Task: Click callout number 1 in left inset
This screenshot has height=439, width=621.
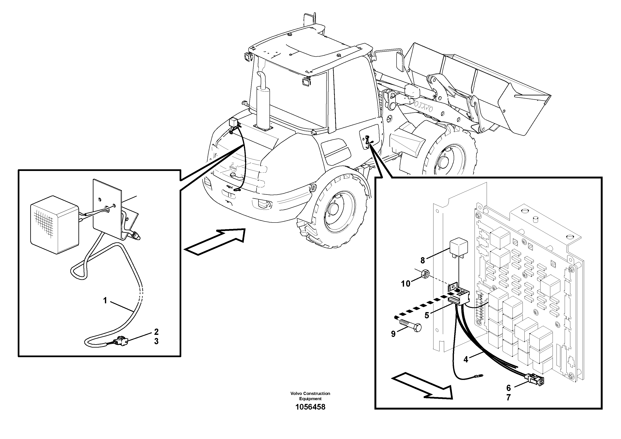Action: tap(105, 300)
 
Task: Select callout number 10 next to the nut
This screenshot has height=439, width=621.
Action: tap(406, 284)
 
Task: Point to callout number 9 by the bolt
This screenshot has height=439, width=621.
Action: tap(393, 334)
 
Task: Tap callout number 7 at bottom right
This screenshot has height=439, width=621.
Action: tap(509, 398)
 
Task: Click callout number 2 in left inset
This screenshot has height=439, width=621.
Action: tap(156, 332)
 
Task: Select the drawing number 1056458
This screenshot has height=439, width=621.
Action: tap(310, 407)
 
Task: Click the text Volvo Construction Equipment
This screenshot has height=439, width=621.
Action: tap(310, 396)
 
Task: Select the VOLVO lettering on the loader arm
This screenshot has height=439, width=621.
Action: tap(423, 106)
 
